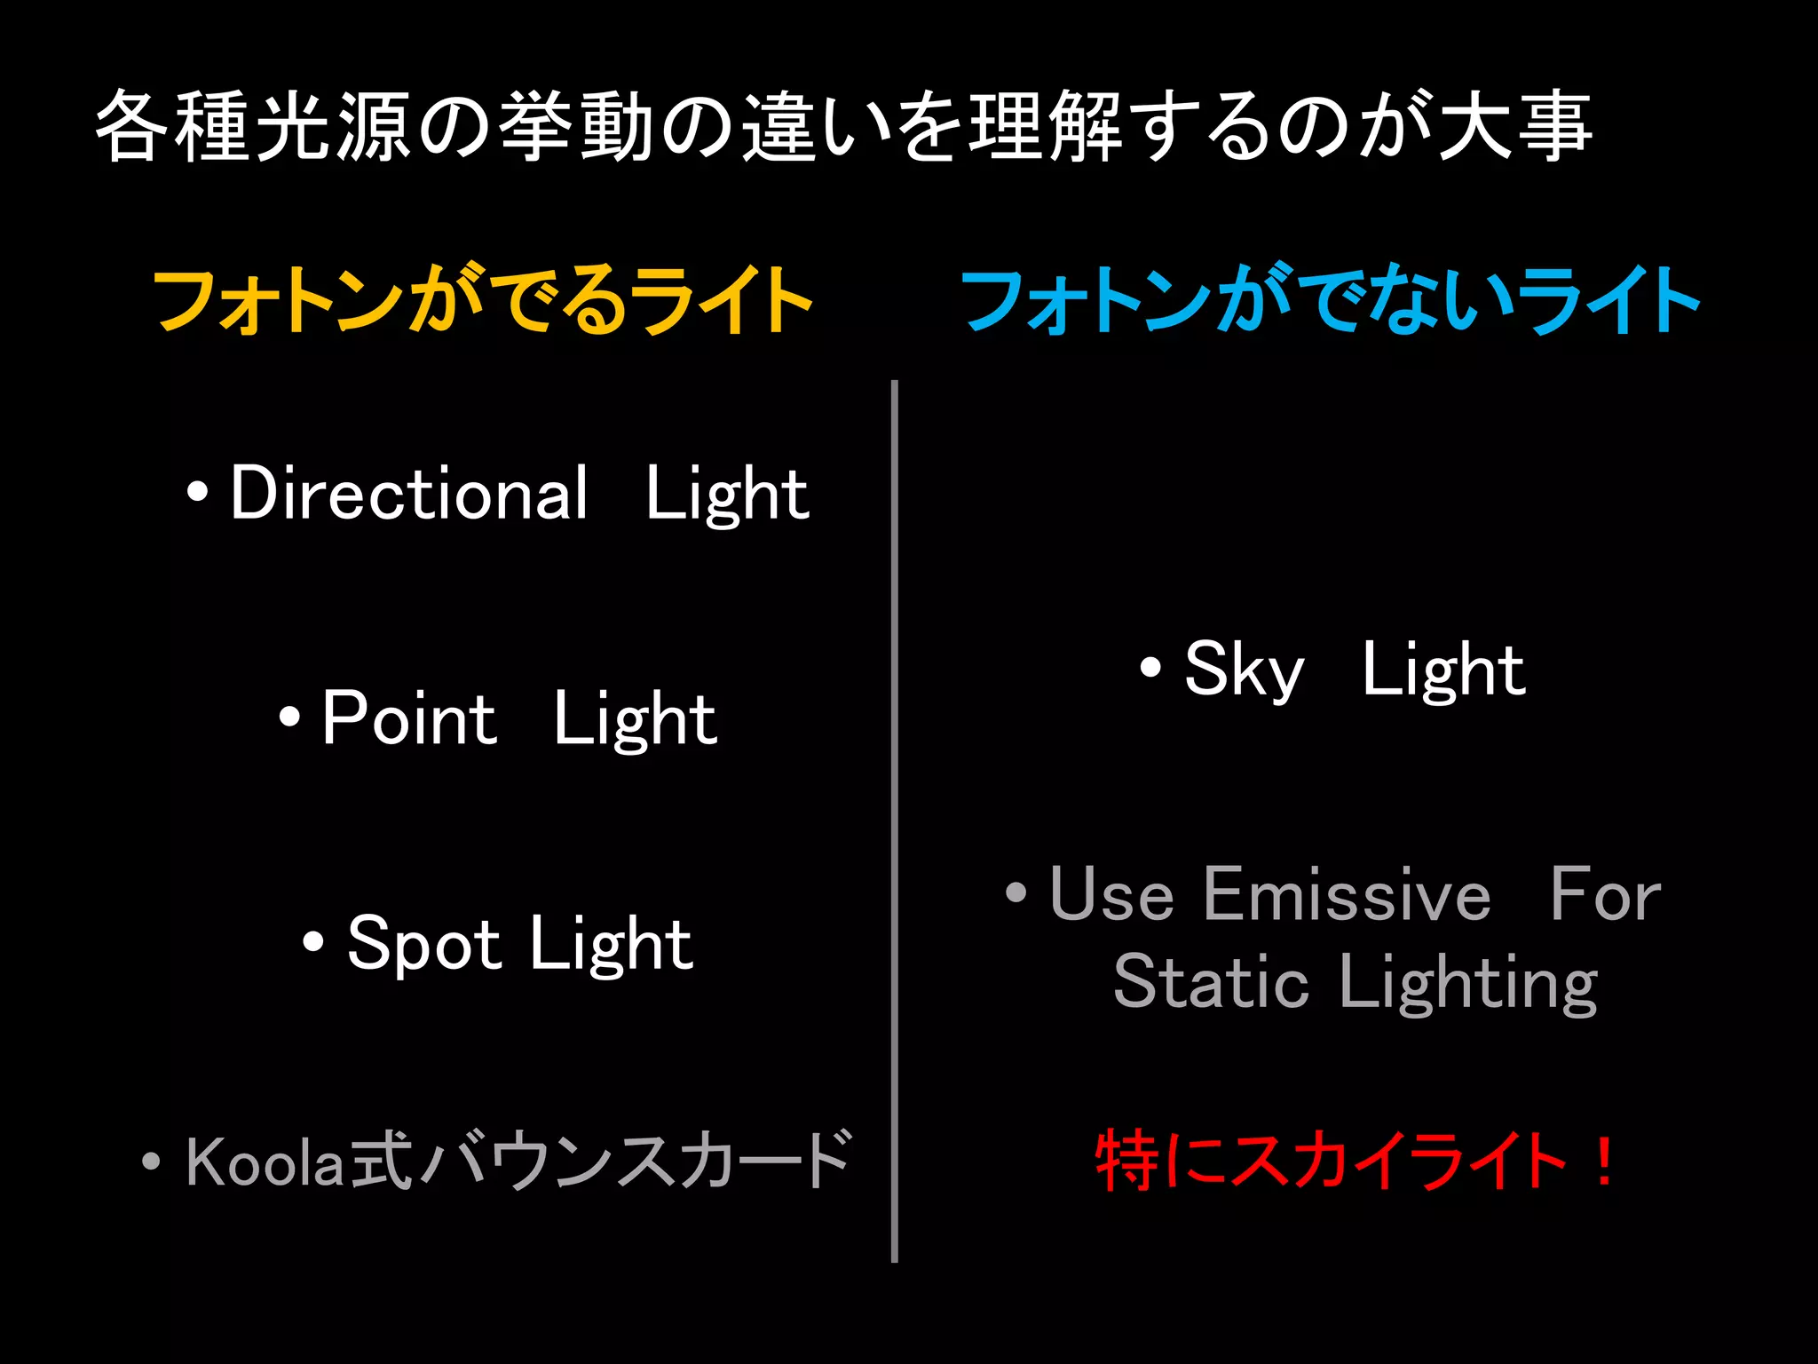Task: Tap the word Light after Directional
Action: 727,495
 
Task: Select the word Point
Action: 409,718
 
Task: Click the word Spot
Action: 424,944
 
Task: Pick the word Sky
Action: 1245,670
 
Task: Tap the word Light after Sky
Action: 1443,670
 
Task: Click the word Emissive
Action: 1348,895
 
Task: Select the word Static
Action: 1211,982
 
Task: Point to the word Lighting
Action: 1469,984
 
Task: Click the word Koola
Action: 264,1162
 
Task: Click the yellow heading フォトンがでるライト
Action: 483,300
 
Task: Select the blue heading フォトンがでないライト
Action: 1330,300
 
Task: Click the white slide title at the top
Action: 843,126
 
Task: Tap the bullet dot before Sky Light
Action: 1150,667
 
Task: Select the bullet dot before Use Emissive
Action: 1016,892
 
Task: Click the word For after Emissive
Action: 1605,895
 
